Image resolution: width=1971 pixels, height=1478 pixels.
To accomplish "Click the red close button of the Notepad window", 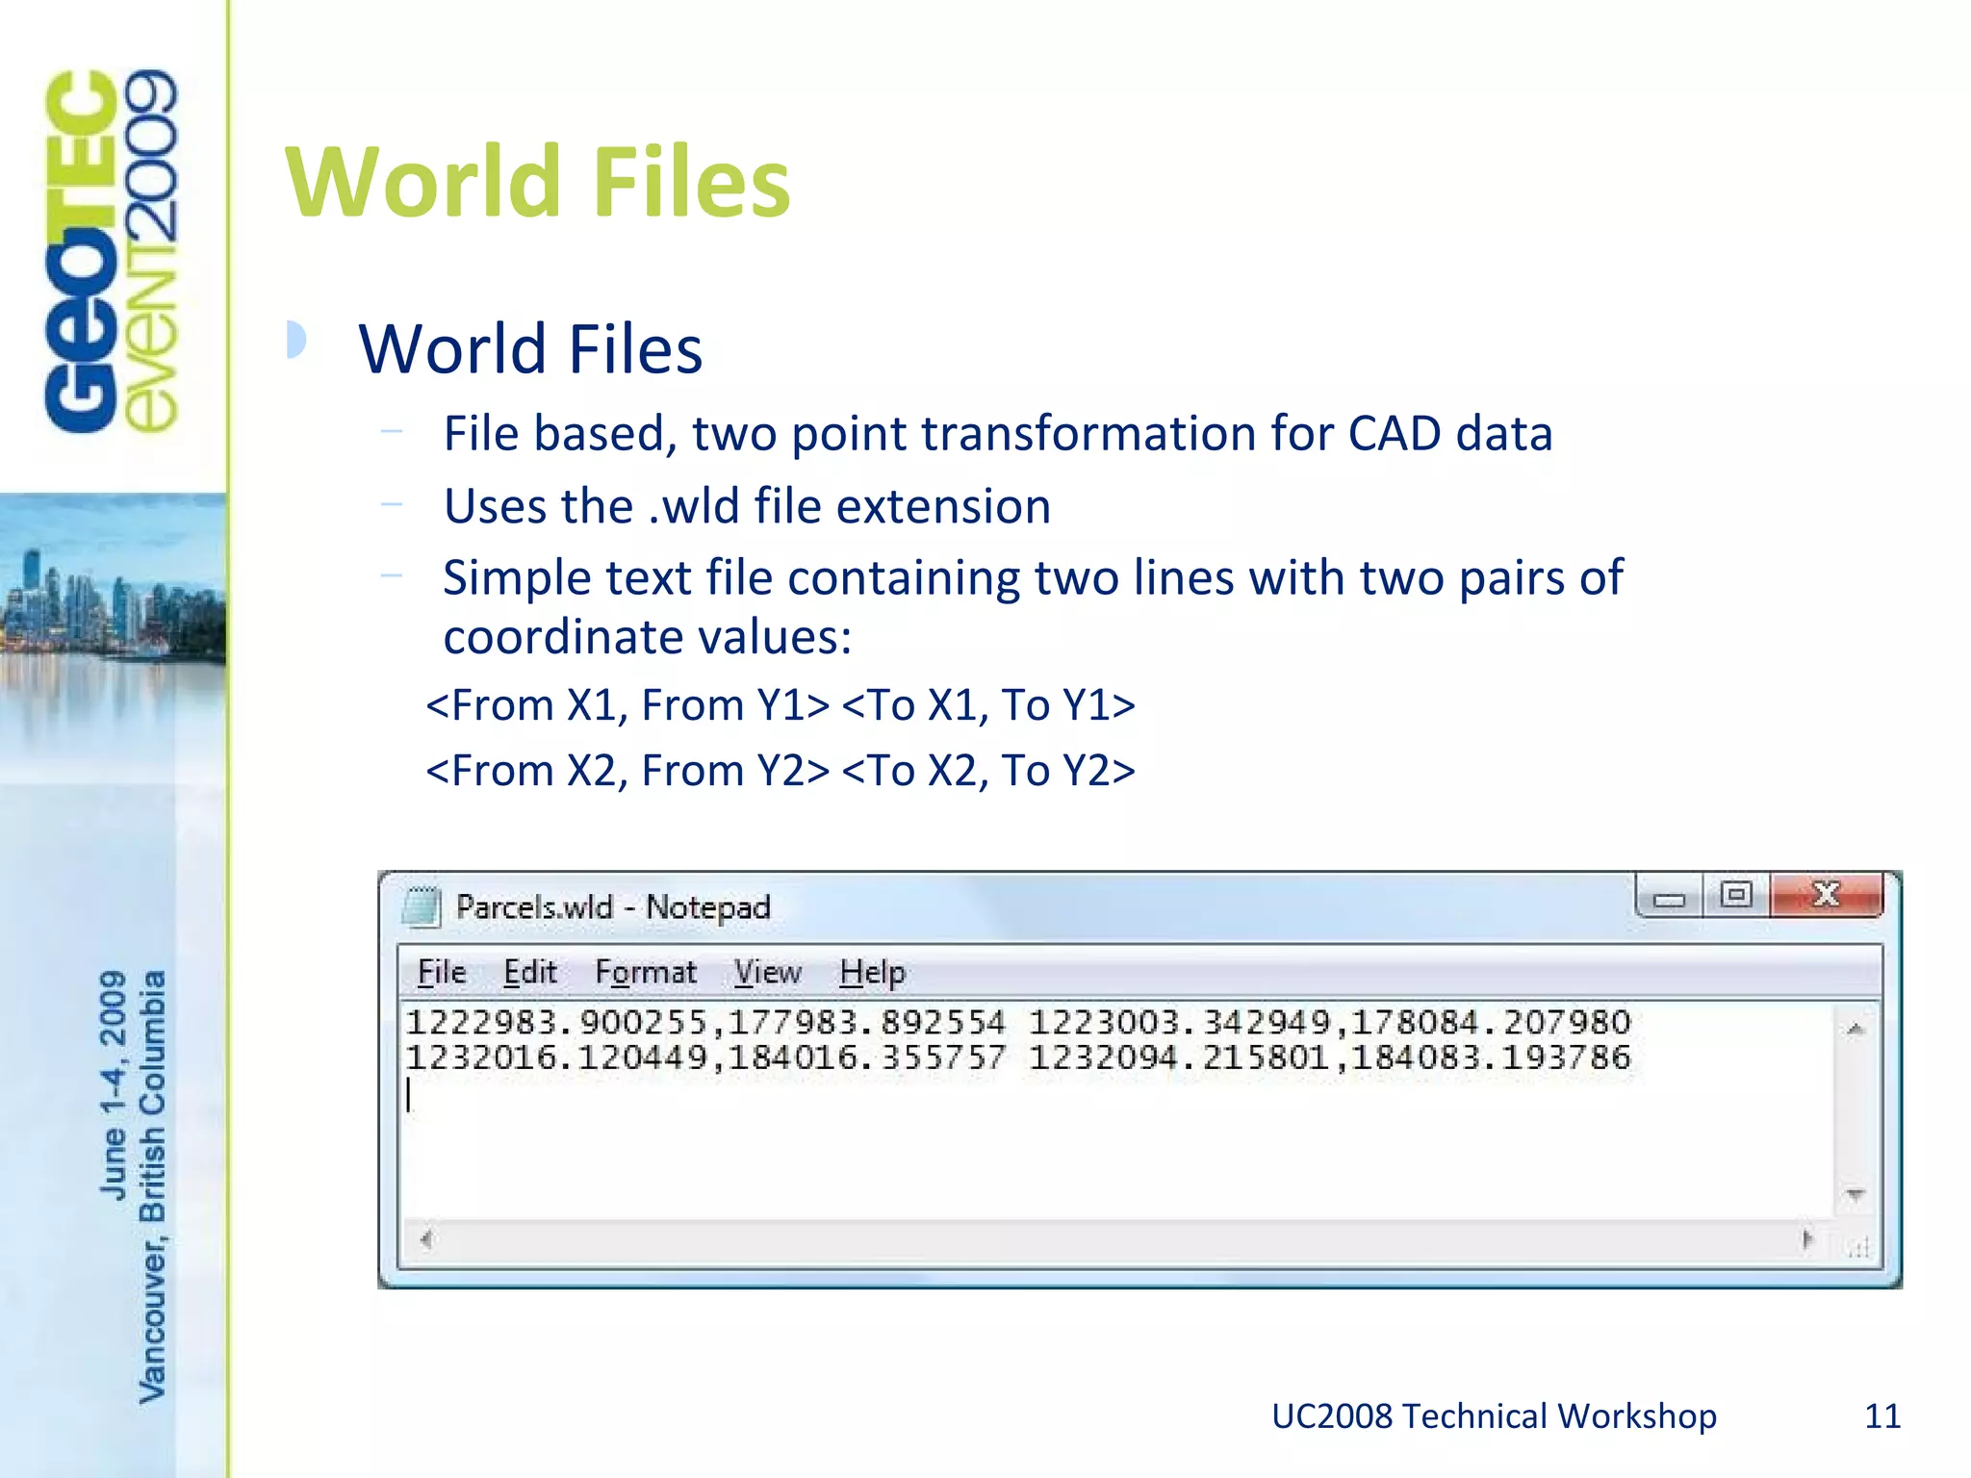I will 1826,896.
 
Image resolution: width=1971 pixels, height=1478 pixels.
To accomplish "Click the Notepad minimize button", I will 1670,898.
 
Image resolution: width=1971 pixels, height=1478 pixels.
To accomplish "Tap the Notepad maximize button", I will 1736,896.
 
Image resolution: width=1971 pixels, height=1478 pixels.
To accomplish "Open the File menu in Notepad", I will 442,973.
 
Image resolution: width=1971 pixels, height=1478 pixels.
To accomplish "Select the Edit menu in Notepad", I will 530,973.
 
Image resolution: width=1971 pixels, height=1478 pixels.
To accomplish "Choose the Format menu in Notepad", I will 645,973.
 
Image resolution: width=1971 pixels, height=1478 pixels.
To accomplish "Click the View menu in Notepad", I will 768,973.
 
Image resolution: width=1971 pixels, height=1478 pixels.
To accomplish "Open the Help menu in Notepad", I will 872,973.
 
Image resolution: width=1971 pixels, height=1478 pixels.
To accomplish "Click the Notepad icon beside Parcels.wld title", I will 421,906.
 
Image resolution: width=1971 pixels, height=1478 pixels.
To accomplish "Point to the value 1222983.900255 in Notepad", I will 555,1022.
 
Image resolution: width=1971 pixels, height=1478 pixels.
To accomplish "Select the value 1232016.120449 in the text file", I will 555,1058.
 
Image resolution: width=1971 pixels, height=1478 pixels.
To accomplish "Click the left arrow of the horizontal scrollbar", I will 426,1239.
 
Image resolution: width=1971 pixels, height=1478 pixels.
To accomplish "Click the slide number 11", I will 1882,1416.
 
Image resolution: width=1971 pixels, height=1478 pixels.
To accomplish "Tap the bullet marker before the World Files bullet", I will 296,340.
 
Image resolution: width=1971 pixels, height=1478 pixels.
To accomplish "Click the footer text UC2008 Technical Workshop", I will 1494,1416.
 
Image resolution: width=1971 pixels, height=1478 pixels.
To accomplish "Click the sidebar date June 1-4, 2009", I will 114,1084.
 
